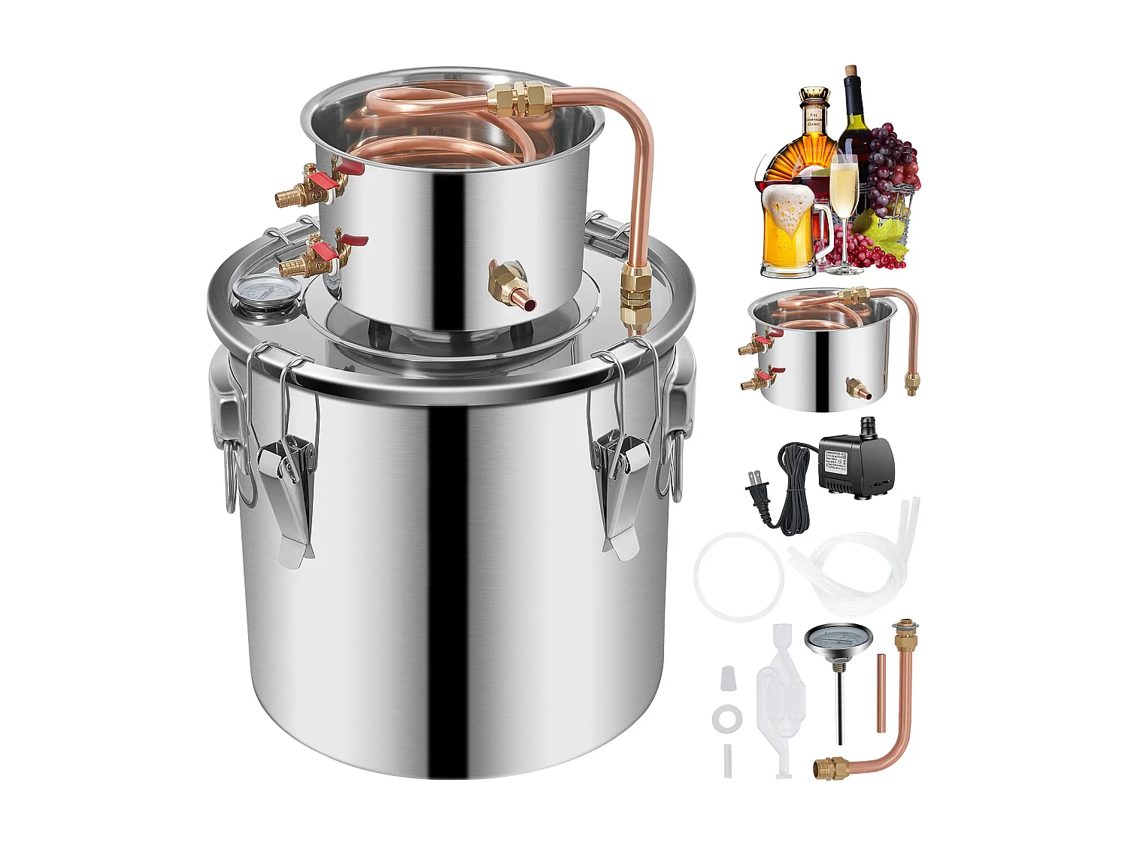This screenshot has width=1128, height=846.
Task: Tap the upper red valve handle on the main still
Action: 333,178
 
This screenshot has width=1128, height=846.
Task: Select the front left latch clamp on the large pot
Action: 286,459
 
